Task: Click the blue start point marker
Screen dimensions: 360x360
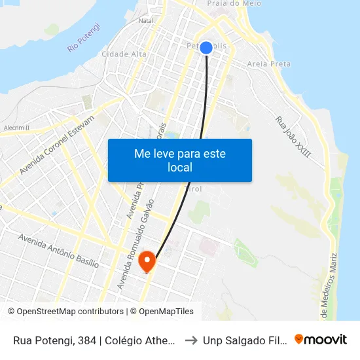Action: click(206, 48)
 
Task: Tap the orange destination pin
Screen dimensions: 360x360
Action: click(147, 262)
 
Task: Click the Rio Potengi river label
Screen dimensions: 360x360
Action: click(84, 37)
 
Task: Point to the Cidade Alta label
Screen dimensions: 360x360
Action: click(124, 54)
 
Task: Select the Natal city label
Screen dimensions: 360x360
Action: click(145, 20)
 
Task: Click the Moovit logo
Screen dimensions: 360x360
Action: click(321, 340)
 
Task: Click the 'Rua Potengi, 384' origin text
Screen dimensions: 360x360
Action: click(94, 340)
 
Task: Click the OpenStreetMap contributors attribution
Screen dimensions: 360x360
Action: click(66, 312)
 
